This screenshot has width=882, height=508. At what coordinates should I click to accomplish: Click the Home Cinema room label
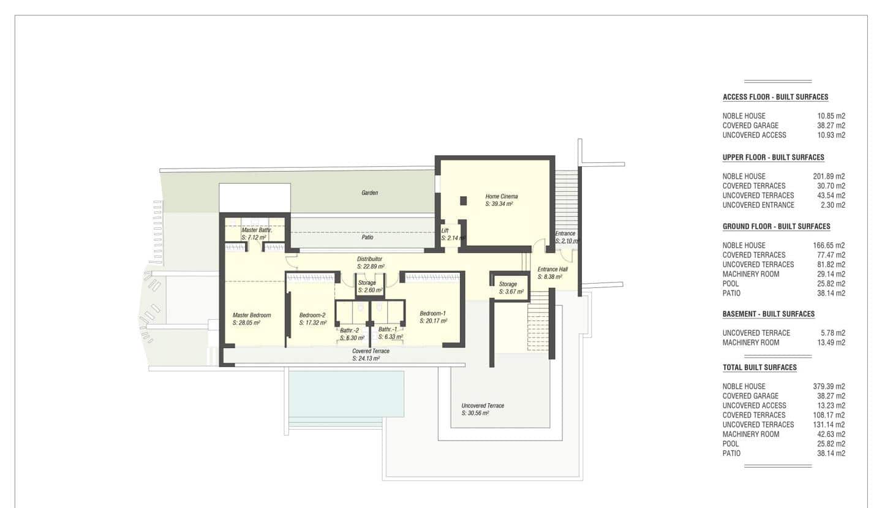click(501, 197)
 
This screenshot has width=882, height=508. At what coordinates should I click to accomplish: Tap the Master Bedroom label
click(251, 316)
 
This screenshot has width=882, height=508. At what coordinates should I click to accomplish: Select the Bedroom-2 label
click(312, 316)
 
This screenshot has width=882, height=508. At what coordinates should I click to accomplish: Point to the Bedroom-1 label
click(432, 313)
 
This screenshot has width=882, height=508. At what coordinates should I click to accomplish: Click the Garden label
click(369, 193)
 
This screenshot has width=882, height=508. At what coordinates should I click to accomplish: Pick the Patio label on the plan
click(367, 237)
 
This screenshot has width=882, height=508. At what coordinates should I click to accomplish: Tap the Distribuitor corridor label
click(369, 259)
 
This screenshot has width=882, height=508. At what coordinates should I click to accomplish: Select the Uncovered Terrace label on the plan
click(483, 406)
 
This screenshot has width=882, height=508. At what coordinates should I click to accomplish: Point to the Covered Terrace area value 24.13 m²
click(366, 358)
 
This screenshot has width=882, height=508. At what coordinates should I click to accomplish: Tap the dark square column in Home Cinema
click(463, 200)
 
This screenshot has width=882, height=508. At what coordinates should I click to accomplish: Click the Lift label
click(445, 231)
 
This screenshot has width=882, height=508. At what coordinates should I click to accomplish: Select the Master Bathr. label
click(256, 230)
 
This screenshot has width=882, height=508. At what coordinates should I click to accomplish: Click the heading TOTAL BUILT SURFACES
click(759, 368)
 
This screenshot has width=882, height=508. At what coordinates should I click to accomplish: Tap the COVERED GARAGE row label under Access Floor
click(750, 126)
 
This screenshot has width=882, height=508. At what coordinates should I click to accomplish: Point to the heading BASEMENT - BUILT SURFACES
click(769, 314)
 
